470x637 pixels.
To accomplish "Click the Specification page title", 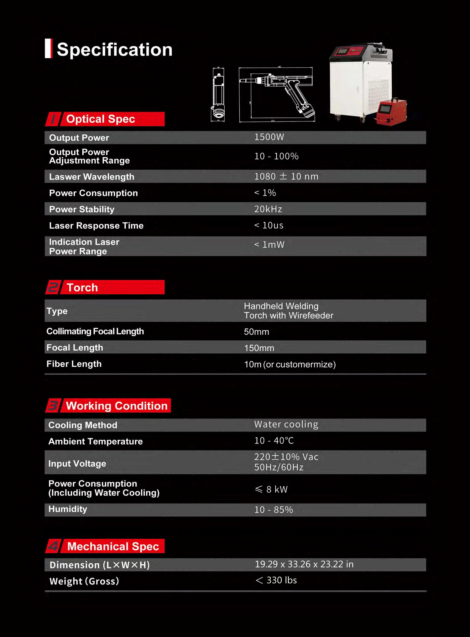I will tap(114, 49).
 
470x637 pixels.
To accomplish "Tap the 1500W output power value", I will tap(269, 137).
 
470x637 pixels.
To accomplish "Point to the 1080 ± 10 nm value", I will tap(286, 176).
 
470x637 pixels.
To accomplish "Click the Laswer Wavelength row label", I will tap(91, 177).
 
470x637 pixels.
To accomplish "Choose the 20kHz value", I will tap(268, 209).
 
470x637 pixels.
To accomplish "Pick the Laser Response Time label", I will tap(96, 225).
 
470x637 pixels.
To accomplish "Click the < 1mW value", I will tap(269, 245).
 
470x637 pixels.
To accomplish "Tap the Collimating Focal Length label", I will tap(95, 331).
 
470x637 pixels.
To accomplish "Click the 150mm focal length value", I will tap(259, 348).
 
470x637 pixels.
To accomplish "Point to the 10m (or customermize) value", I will tap(290, 364).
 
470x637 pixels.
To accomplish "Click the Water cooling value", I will tap(286, 424).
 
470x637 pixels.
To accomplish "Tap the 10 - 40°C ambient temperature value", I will tap(274, 441).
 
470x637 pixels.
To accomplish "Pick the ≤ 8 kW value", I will tap(271, 489).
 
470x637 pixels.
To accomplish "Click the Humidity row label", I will tap(68, 509).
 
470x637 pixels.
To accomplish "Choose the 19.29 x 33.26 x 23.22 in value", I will tap(304, 564).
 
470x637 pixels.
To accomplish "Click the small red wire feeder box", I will tap(391, 112).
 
